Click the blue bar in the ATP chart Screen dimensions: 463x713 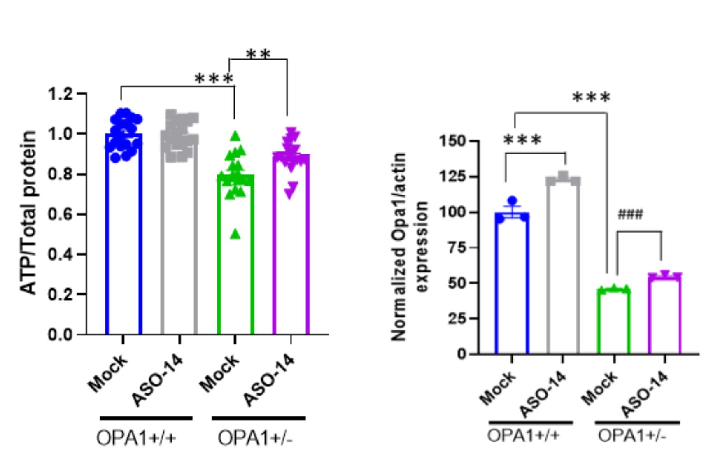(x=123, y=247)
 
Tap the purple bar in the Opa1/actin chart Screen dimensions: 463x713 (x=664, y=317)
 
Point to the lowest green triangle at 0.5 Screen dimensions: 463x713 (x=235, y=234)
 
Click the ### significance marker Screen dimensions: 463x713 (x=630, y=214)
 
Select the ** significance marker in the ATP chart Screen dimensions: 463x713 (x=258, y=54)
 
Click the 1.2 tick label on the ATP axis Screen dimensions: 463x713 (x=60, y=94)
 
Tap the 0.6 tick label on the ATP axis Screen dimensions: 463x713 (x=60, y=214)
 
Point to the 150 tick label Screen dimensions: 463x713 (x=452, y=141)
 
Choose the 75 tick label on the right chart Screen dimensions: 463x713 (x=457, y=247)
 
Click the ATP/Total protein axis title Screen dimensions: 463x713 (x=29, y=212)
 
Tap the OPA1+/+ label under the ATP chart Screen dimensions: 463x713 (x=136, y=438)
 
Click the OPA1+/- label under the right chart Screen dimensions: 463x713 (x=631, y=435)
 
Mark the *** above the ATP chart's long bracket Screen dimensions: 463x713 (x=214, y=78)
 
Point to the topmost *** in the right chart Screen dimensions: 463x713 (x=591, y=98)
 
